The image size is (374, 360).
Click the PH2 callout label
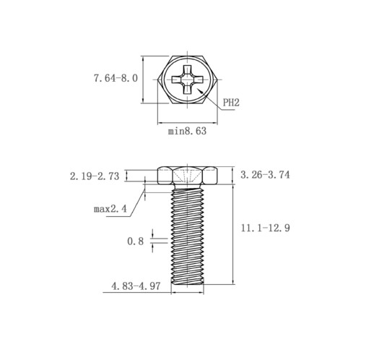tap(231, 103)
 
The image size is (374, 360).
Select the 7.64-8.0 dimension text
tap(116, 78)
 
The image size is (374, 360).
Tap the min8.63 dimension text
tap(187, 131)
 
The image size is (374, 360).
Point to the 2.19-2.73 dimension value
tap(95, 176)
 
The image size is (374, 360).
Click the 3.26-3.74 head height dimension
tap(265, 175)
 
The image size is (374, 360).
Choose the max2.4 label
tap(110, 209)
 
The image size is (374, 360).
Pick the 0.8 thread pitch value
tap(135, 241)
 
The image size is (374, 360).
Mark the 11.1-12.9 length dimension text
tap(266, 228)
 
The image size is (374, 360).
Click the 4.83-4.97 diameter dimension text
tap(136, 286)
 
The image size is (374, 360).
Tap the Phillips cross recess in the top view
tap(187, 80)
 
